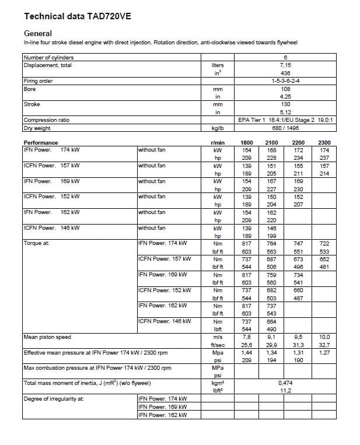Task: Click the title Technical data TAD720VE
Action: pyautogui.click(x=77, y=16)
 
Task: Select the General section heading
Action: pyautogui.click(x=38, y=34)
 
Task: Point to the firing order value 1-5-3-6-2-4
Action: pyautogui.click(x=285, y=80)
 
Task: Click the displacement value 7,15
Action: pyautogui.click(x=285, y=65)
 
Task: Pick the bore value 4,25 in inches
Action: pyautogui.click(x=285, y=96)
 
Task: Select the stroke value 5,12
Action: pyautogui.click(x=285, y=112)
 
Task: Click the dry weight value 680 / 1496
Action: pyautogui.click(x=285, y=128)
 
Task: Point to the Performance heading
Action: pyautogui.click(x=41, y=143)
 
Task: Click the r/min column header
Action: pyautogui.click(x=218, y=143)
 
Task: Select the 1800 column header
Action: pyautogui.click(x=247, y=143)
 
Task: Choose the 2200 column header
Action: pyautogui.click(x=298, y=143)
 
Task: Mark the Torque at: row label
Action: pyautogui.click(x=36, y=243)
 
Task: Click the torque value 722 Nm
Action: pyautogui.click(x=324, y=243)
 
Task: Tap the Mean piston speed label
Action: pyautogui.click(x=48, y=337)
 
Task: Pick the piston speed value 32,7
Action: pyautogui.click(x=324, y=345)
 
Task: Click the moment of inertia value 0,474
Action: pyautogui.click(x=285, y=383)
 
